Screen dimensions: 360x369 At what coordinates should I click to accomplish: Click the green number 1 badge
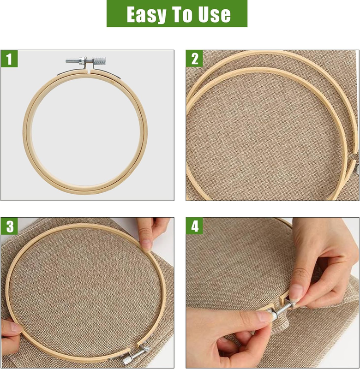coord(9,59)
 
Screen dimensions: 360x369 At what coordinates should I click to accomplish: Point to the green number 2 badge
coord(194,59)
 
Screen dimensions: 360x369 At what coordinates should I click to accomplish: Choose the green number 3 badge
coord(9,226)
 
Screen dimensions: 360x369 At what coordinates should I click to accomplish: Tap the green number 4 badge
coord(194,226)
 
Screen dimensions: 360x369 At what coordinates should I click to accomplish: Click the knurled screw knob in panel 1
coord(99,61)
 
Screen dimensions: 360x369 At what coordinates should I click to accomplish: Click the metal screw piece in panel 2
coord(358,169)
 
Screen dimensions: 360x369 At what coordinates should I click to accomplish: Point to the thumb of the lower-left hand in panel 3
coord(12,327)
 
